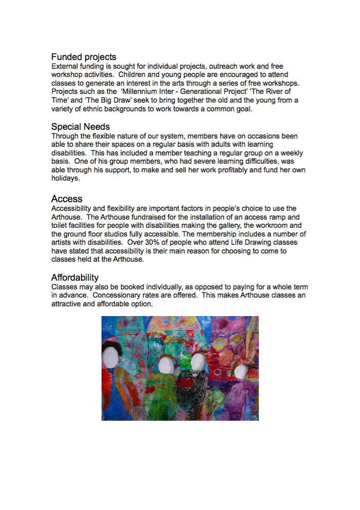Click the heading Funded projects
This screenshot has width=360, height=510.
pyautogui.click(x=84, y=57)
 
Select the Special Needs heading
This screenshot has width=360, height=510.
pyautogui.click(x=81, y=127)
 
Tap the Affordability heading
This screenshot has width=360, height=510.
pyautogui.click(x=75, y=278)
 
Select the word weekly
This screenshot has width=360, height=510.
pyautogui.click(x=291, y=153)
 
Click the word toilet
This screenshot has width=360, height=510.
pyautogui.click(x=61, y=226)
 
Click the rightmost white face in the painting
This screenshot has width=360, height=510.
pyautogui.click(x=239, y=371)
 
